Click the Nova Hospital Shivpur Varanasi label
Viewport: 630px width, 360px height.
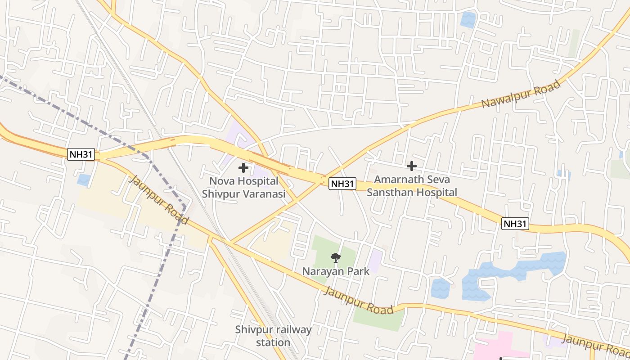[243, 188]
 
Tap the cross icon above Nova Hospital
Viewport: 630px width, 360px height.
[243, 168]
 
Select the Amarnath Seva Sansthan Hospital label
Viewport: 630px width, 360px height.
[415, 186]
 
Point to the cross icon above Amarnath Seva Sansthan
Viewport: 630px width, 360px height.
[411, 166]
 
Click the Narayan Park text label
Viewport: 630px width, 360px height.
[336, 271]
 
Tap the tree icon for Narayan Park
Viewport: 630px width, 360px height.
[335, 258]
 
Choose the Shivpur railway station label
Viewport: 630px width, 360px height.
[273, 336]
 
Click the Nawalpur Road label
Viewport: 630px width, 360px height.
[521, 94]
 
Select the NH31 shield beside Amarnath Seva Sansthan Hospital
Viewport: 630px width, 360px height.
[342, 184]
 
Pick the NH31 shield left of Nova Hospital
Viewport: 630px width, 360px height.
[81, 154]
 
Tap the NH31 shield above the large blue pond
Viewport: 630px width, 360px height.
[515, 223]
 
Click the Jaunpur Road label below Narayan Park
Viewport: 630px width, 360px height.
[359, 301]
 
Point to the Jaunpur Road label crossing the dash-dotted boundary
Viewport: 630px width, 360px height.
[159, 200]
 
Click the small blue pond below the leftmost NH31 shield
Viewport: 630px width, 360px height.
[84, 180]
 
